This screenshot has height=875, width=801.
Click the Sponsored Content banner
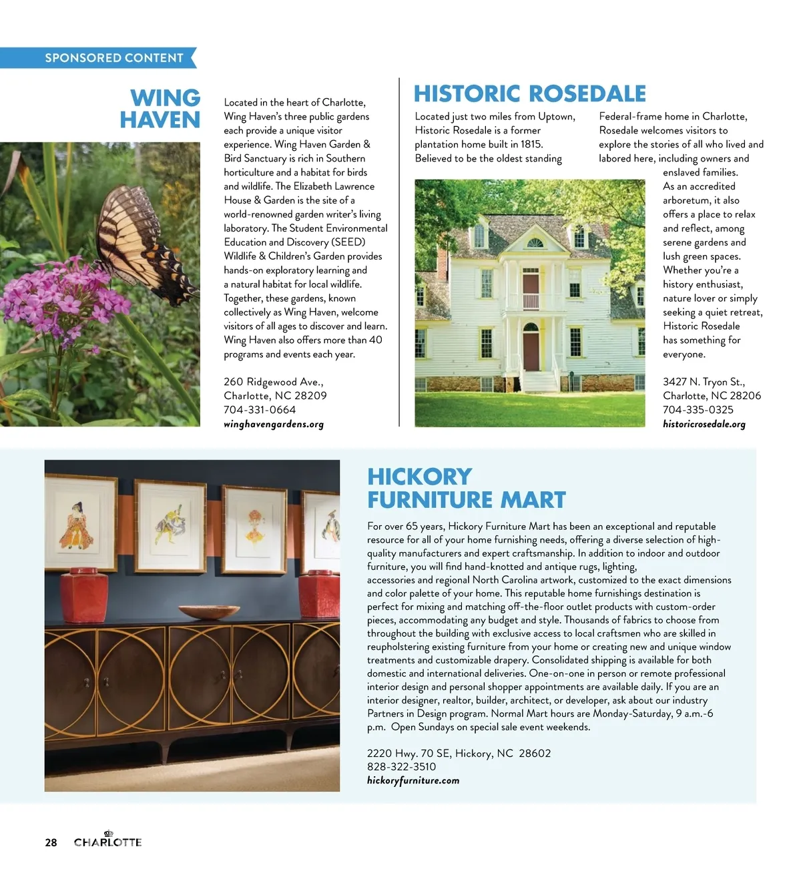point(113,58)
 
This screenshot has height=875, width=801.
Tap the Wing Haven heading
point(160,109)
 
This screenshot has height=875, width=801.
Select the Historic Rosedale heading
point(530,93)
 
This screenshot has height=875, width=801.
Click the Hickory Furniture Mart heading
point(466,488)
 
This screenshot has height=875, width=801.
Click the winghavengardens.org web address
point(274,424)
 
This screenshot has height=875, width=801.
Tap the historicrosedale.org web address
point(704,424)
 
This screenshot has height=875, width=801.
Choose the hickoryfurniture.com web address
point(413,780)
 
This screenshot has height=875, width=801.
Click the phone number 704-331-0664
point(260,410)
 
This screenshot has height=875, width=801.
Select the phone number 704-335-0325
point(698,410)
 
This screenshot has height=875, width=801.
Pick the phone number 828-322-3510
point(401,767)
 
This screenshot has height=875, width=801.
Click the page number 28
point(51,842)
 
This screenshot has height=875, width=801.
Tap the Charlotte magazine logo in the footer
point(107,841)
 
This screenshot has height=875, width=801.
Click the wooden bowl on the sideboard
point(200,611)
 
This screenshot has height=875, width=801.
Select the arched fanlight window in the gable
point(535,242)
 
